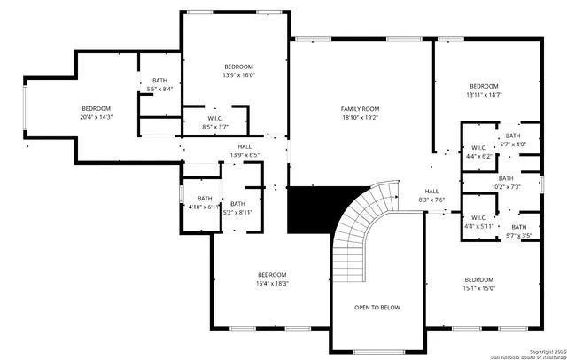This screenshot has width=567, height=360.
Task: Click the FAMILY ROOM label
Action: pyautogui.click(x=360, y=109)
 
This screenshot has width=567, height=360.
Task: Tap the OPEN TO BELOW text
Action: pyautogui.click(x=377, y=308)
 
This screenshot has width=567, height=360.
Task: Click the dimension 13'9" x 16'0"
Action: pyautogui.click(x=238, y=76)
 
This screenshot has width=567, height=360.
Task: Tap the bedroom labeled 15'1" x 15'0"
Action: pyautogui.click(x=478, y=284)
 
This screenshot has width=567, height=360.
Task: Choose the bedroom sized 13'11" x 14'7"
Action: pyautogui.click(x=485, y=90)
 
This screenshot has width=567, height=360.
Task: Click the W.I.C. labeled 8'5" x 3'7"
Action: pyautogui.click(x=214, y=123)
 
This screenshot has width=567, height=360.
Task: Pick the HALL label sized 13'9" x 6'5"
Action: pyautogui.click(x=244, y=151)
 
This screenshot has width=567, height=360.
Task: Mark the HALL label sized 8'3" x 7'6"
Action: pyautogui.click(x=431, y=196)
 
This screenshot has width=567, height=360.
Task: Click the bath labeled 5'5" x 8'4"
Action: pyautogui.click(x=159, y=85)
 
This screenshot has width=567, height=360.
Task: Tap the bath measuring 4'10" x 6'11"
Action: pyautogui.click(x=205, y=203)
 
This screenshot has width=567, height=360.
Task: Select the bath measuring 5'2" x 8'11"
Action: pyautogui.click(x=237, y=208)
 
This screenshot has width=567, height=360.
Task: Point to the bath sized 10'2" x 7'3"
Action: pyautogui.click(x=505, y=183)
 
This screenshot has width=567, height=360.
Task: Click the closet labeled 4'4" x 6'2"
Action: pyautogui.click(x=478, y=152)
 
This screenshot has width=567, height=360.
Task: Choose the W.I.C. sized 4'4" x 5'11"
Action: pyautogui.click(x=478, y=222)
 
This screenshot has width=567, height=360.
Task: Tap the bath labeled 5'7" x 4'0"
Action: pyautogui.click(x=513, y=140)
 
